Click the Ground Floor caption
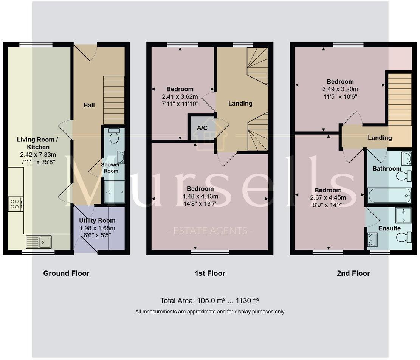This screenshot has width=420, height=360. pyautogui.click(x=66, y=273)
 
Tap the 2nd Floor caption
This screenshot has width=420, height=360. pyautogui.click(x=353, y=273)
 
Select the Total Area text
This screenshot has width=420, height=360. pyautogui.click(x=209, y=301)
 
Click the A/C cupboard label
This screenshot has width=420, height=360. pyautogui.click(x=202, y=127)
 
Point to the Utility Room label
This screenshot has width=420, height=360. pyautogui.click(x=97, y=220)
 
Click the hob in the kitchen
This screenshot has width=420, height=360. pyautogui.click(x=15, y=204)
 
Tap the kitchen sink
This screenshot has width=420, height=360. pyautogui.click(x=39, y=241)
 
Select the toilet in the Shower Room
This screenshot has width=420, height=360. pyautogui.click(x=114, y=136)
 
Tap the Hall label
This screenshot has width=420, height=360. pyautogui.click(x=89, y=105)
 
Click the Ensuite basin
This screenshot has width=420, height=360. pyautogui.click(x=371, y=239)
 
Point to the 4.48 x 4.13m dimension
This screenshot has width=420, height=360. pyautogui.click(x=200, y=196)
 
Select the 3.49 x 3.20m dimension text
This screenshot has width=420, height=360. pyautogui.click(x=340, y=89)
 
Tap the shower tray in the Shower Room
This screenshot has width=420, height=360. pyautogui.click(x=114, y=192)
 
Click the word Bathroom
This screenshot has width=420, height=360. pyautogui.click(x=387, y=168)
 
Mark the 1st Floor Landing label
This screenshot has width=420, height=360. pyautogui.click(x=240, y=103)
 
